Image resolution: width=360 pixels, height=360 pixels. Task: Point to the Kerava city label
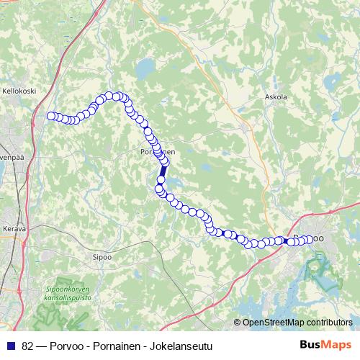pos(14,228)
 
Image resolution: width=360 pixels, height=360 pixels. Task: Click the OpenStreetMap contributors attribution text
pos(297,322)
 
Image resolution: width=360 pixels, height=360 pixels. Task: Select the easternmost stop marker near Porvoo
pos(310,239)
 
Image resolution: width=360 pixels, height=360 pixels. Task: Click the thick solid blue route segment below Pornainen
pos(163,174)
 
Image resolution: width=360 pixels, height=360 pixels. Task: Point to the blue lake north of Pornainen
pos(146,70)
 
